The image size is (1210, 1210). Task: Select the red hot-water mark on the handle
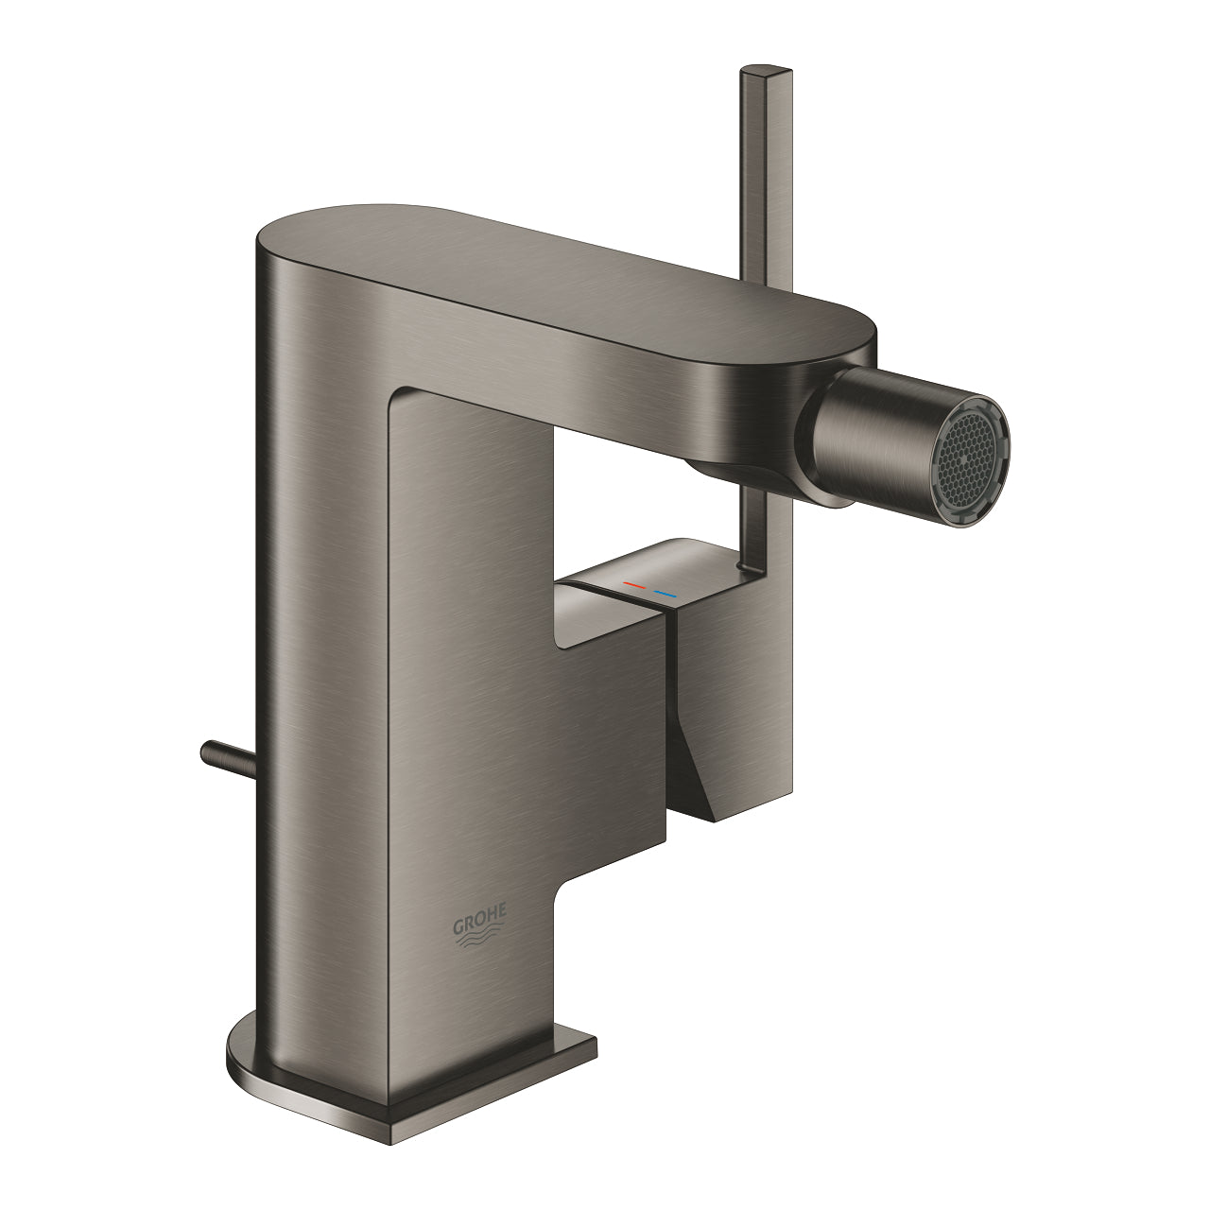[634, 589]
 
